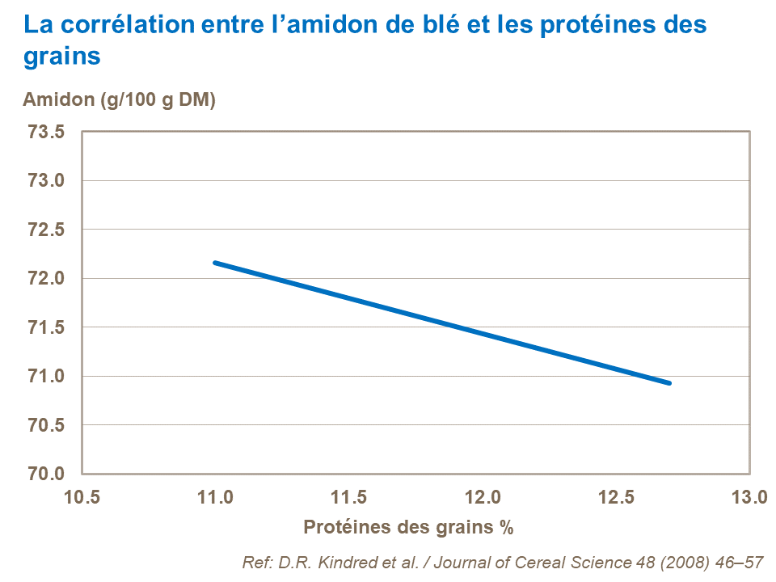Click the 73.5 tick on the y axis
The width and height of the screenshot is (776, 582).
[x=46, y=133]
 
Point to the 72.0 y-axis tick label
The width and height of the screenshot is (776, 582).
[x=46, y=279]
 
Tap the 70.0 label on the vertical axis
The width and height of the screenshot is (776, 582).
[x=46, y=474]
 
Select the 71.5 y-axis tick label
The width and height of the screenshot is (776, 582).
[x=46, y=327]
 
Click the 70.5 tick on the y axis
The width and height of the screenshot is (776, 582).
[x=46, y=425]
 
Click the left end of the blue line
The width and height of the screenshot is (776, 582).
[x=215, y=263]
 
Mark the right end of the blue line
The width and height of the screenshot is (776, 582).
[x=669, y=382]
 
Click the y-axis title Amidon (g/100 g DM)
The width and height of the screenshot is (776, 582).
[x=119, y=100]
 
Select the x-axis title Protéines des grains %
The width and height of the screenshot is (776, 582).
[x=408, y=528]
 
